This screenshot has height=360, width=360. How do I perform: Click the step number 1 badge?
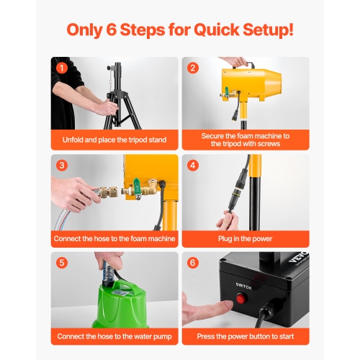[x=63, y=68]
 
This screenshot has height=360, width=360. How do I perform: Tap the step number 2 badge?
[x=193, y=68]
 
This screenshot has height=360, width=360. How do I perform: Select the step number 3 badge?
[x=63, y=166]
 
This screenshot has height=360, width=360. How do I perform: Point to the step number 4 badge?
[x=193, y=166]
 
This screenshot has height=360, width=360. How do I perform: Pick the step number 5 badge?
[x=63, y=263]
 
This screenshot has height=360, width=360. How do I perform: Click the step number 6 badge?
[x=193, y=263]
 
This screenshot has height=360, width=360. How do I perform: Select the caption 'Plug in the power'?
[x=245, y=238]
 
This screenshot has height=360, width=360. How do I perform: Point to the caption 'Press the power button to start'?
[x=245, y=336]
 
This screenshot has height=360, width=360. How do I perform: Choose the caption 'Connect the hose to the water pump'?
[x=114, y=336]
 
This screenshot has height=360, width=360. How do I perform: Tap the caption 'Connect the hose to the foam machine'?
[x=114, y=238]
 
